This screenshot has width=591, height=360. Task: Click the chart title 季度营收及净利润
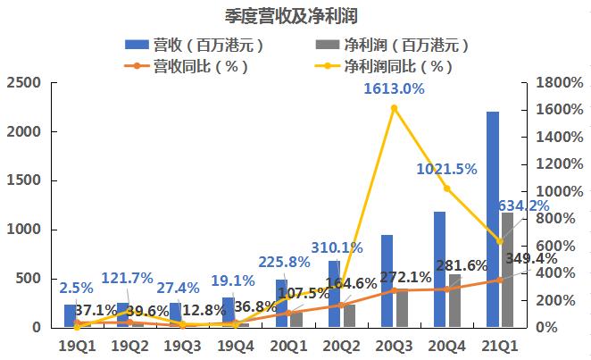pos(295,16)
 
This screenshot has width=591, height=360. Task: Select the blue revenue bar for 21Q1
pos(493,219)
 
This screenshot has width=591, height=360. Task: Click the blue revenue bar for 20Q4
pos(440,269)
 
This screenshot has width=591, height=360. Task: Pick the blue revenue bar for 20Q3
pos(387,280)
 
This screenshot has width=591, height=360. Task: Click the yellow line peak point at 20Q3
pos(395,108)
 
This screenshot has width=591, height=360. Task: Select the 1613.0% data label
pos(394,88)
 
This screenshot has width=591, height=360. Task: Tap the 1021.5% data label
pos(446,168)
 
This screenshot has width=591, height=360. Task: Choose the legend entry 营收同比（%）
pos(200,66)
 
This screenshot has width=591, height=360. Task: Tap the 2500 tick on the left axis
pos(24,82)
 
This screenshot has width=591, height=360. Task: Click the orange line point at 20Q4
pos(447,289)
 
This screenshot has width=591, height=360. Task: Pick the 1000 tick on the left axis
pos(24,230)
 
